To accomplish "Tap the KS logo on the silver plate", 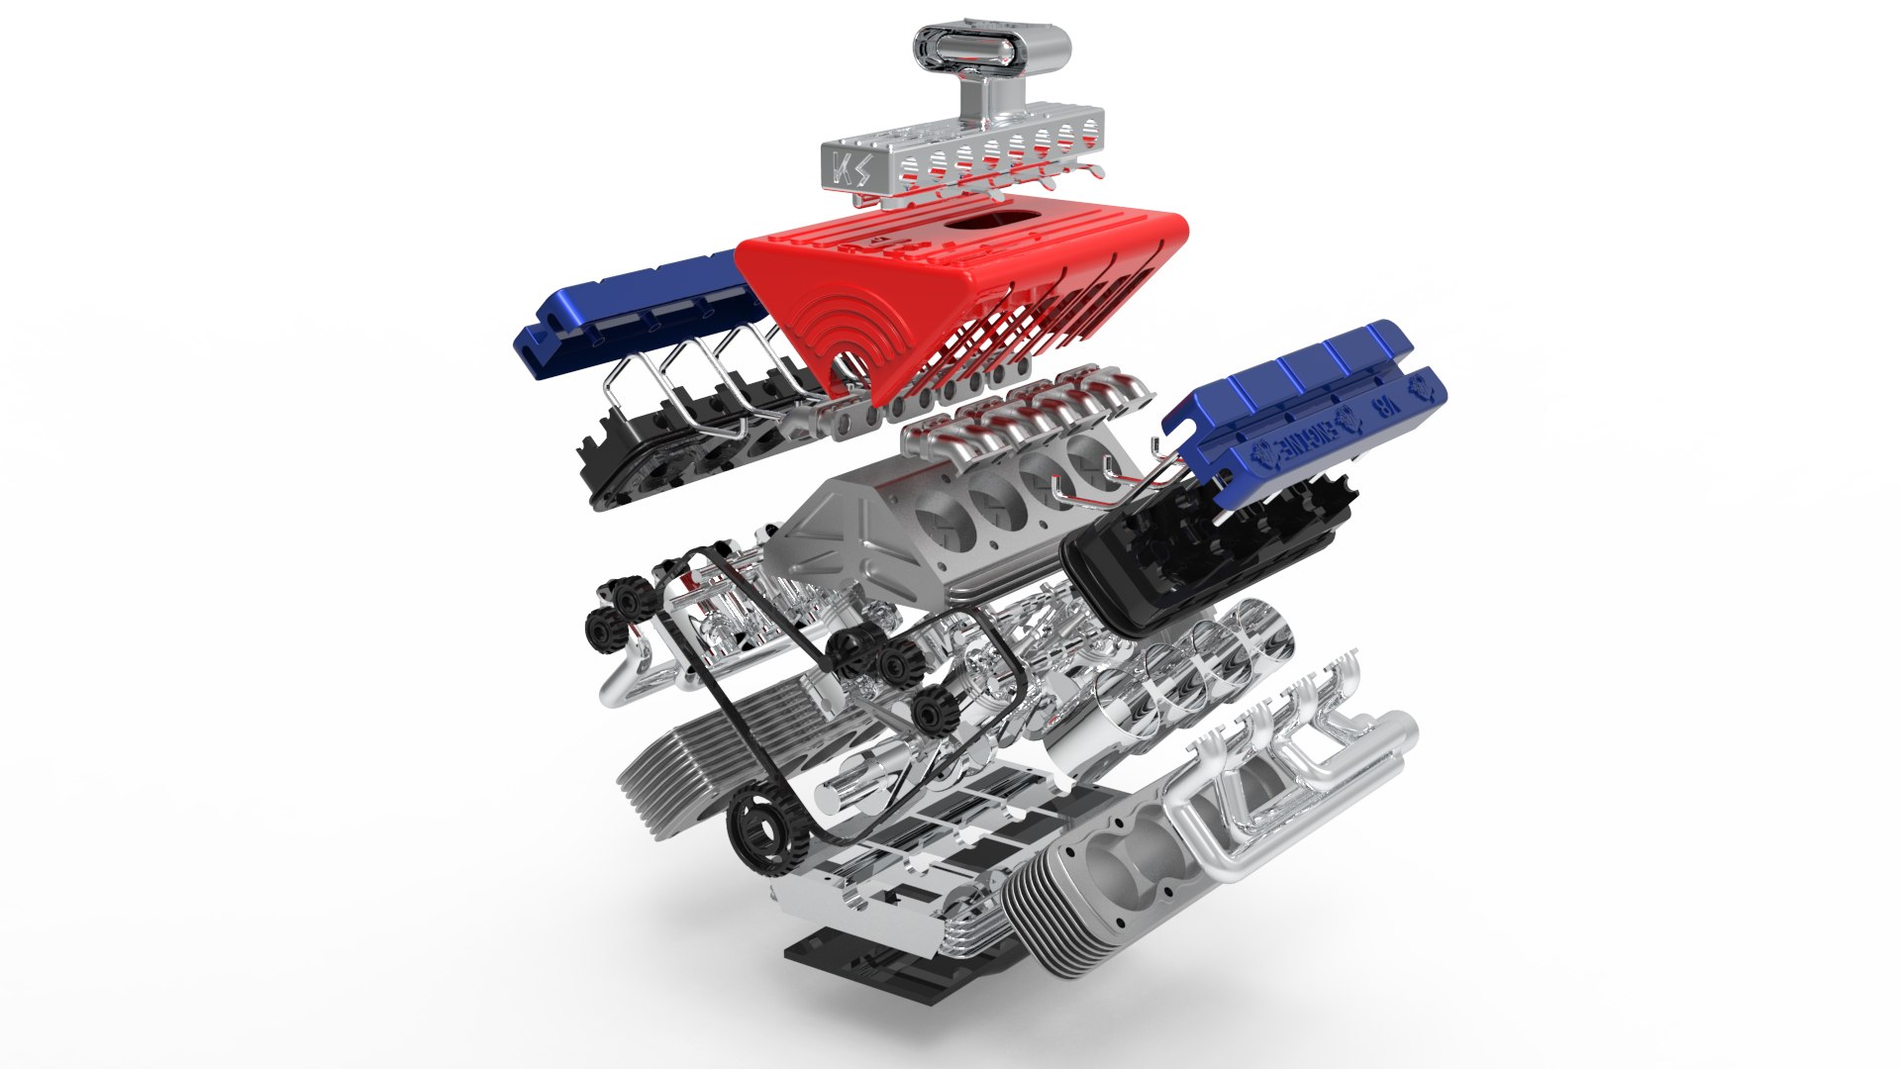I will (x=851, y=169).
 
